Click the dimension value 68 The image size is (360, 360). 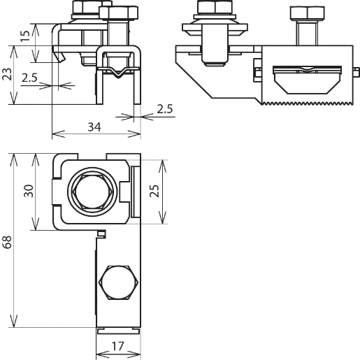click(x=7, y=242)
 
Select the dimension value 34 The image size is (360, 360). click(x=94, y=127)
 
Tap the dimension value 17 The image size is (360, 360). click(x=117, y=346)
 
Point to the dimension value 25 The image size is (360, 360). click(x=154, y=191)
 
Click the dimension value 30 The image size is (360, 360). click(x=29, y=191)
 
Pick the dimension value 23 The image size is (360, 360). click(x=7, y=74)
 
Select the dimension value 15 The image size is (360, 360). click(x=25, y=36)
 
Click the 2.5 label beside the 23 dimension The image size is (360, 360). click(x=29, y=78)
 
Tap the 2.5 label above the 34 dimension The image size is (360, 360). click(x=165, y=109)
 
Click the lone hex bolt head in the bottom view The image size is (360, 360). click(x=118, y=282)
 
